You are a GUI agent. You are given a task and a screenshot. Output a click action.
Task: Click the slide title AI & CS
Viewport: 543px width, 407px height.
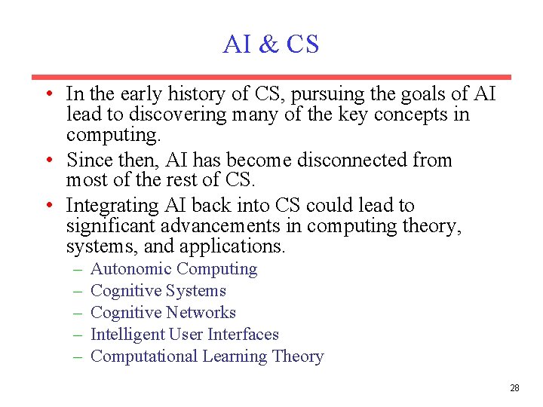pyautogui.click(x=271, y=44)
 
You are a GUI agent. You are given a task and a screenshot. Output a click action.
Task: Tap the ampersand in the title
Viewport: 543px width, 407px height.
pyautogui.click(x=268, y=44)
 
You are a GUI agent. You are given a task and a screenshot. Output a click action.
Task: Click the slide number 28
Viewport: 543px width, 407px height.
pyautogui.click(x=514, y=388)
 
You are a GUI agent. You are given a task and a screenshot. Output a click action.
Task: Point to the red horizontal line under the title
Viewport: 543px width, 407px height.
pyautogui.click(x=271, y=77)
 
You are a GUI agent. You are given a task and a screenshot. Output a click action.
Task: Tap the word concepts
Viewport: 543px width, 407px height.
pyautogui.click(x=435, y=115)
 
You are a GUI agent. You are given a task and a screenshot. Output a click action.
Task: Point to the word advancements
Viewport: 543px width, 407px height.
pyautogui.click(x=238, y=226)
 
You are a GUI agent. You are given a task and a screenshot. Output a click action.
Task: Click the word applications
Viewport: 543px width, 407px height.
pyautogui.click(x=232, y=246)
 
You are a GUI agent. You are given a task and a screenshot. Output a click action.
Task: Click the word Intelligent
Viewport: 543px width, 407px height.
pyautogui.click(x=126, y=335)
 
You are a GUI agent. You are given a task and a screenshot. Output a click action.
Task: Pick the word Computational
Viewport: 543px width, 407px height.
pyautogui.click(x=143, y=357)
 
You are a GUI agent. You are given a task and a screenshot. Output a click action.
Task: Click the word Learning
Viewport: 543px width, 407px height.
pyautogui.click(x=235, y=357)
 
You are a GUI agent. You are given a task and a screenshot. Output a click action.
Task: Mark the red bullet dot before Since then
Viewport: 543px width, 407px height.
pyautogui.click(x=48, y=161)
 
